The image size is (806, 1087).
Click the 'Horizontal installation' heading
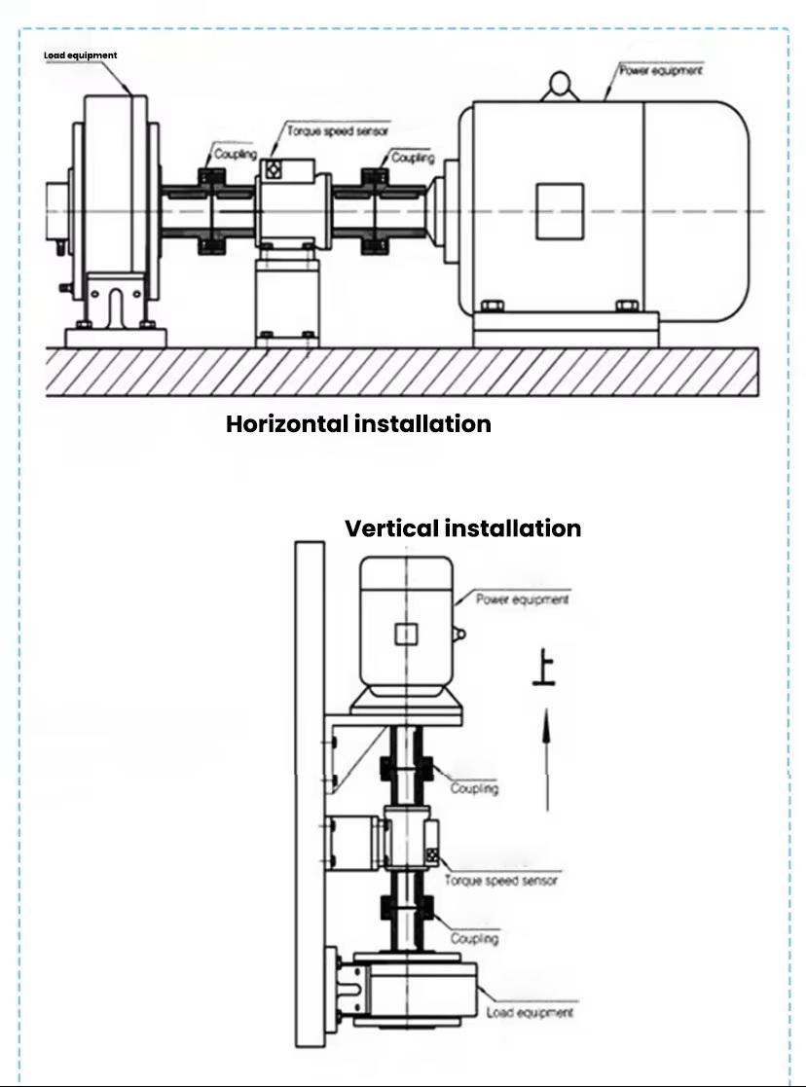358,424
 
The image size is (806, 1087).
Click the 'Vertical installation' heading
462,528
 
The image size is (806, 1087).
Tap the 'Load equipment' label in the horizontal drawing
80,55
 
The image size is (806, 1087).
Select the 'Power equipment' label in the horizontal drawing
661,71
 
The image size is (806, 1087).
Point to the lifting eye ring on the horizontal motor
562,85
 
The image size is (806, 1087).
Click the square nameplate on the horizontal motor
560,212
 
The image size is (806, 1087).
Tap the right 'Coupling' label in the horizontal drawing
412,158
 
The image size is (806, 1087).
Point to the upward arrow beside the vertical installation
547,759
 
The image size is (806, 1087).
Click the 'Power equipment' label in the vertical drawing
522,599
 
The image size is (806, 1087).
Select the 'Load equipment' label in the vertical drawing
529,1012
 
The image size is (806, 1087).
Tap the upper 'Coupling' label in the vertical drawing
474,788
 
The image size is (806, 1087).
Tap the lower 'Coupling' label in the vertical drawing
474,938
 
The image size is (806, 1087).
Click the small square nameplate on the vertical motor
405,635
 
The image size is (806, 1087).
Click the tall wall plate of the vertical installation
310,793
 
